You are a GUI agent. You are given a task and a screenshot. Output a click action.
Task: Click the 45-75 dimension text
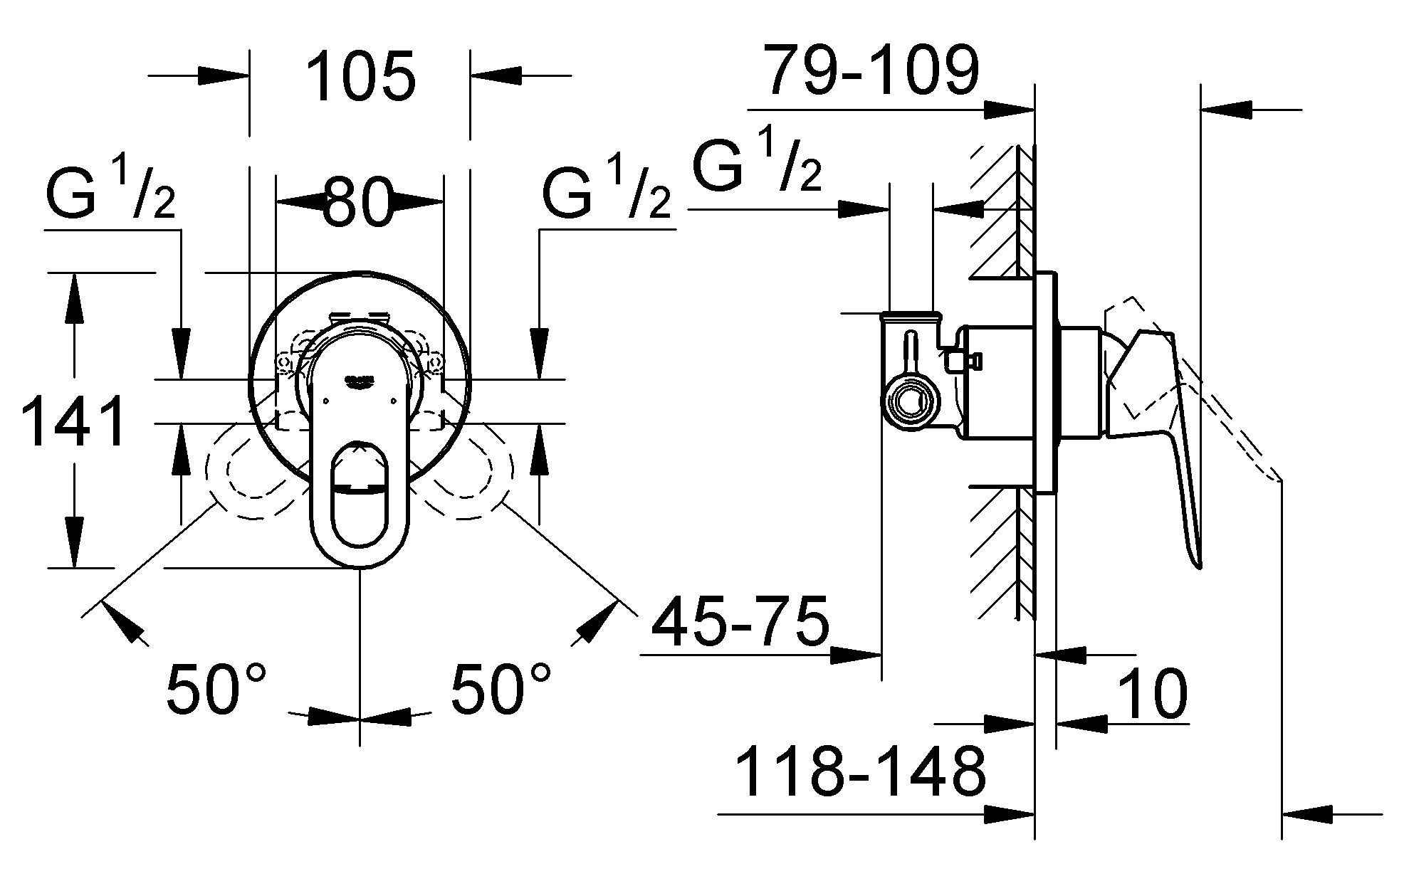tap(741, 620)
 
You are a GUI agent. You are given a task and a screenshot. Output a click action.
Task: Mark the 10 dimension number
tap(1152, 694)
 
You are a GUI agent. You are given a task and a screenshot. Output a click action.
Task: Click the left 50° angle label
tap(216, 689)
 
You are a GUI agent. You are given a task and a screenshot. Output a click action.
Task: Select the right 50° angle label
tap(501, 689)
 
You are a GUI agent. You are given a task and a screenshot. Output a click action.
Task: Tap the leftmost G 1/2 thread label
tap(110, 194)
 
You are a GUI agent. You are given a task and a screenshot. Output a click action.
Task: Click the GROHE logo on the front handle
tap(360, 381)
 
